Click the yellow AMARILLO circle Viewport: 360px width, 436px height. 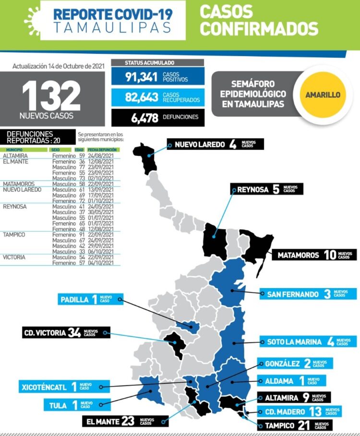[323, 95]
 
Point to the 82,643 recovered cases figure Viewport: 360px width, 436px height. [142, 97]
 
